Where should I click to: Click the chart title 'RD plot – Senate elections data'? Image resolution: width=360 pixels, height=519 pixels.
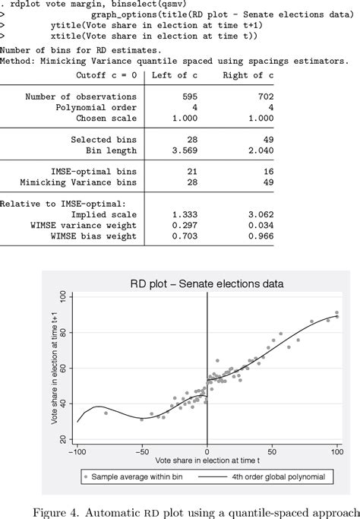(x=207, y=283)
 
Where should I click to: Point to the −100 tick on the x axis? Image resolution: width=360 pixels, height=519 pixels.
(x=77, y=451)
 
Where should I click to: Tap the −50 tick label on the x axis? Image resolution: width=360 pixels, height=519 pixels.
(x=141, y=451)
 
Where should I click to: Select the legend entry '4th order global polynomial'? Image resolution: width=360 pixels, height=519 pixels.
(x=276, y=477)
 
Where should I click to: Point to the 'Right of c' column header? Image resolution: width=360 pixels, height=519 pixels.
(x=242, y=75)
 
